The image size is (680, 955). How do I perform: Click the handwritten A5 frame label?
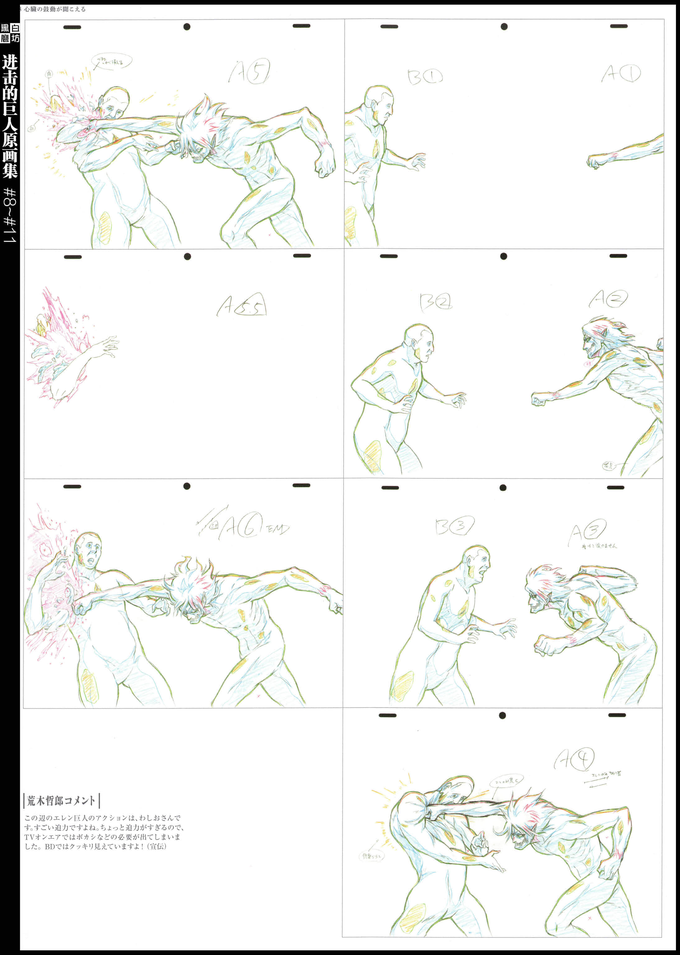tap(249, 72)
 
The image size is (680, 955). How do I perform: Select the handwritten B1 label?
tap(425, 76)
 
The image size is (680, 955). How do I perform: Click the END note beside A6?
tap(278, 529)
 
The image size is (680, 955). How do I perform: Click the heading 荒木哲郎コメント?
tap(62, 800)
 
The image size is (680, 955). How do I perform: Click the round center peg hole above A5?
tap(187, 27)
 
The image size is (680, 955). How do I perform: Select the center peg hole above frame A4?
tap(502, 716)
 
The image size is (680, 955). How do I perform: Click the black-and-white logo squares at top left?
tap(10, 33)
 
